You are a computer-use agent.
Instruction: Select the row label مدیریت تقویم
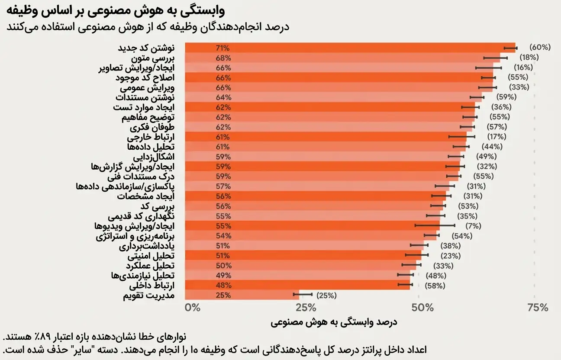(x=149, y=296)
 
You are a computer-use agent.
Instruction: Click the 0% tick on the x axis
(x=193, y=308)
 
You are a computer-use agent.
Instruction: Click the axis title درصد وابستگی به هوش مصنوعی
(x=334, y=322)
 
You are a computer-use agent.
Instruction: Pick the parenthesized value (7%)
(x=473, y=226)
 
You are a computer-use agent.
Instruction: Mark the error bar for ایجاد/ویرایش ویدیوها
(x=435, y=225)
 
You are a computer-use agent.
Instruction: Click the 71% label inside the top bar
(x=223, y=48)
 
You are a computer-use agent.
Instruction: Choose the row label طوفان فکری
(x=152, y=127)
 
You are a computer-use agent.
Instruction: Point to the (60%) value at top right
(x=540, y=48)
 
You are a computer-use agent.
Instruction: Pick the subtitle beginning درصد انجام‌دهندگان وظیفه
(x=147, y=27)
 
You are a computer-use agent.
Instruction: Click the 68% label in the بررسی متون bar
(x=223, y=58)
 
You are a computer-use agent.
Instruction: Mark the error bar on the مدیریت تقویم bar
(x=302, y=295)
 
